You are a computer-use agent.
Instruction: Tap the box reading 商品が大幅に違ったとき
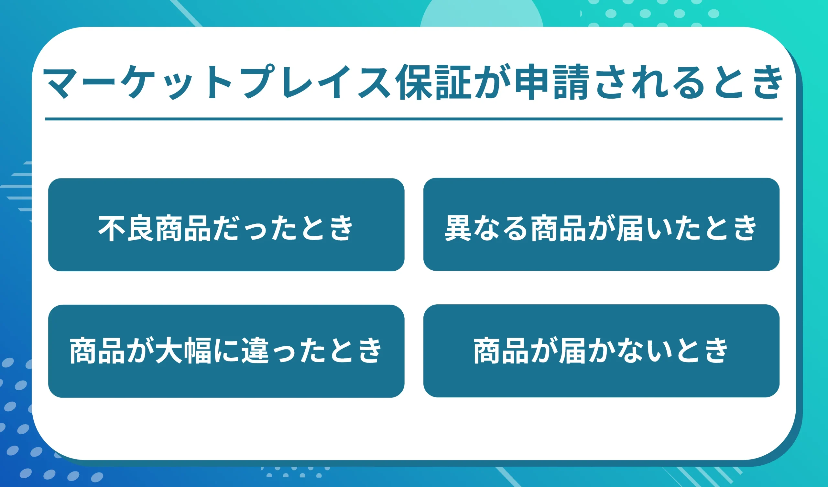point(226,351)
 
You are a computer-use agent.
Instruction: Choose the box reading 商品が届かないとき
point(601,351)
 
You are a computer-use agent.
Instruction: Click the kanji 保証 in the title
point(433,82)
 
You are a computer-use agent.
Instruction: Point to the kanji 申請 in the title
point(552,82)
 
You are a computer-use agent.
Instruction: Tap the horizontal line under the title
point(414,119)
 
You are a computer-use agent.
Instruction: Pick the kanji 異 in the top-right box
point(458,228)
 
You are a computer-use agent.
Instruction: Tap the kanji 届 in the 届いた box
point(629,228)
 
